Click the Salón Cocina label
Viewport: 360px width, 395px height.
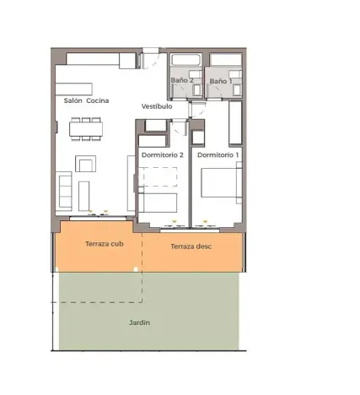click(86, 100)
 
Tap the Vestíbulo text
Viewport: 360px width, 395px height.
click(157, 107)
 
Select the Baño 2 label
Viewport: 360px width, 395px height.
click(183, 81)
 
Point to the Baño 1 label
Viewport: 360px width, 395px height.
click(218, 81)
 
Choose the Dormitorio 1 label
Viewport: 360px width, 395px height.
click(218, 155)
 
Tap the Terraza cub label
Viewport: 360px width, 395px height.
click(103, 244)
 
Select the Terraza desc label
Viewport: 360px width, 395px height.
click(191, 246)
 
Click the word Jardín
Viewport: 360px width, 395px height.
click(140, 322)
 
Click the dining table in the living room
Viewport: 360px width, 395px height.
click(87, 127)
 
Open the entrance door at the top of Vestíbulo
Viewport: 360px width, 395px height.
click(152, 61)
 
